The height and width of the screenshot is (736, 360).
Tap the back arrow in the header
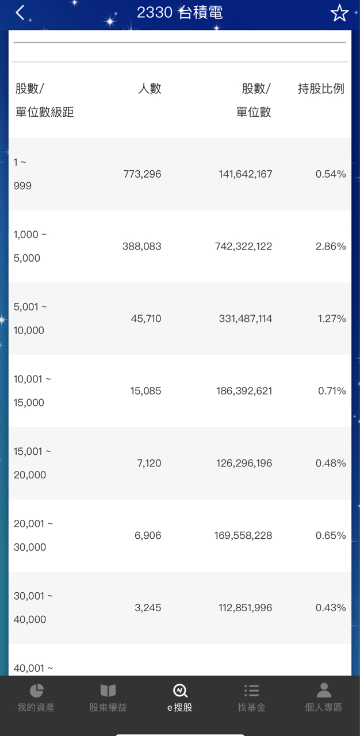point(20,13)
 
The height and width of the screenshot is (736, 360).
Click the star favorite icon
point(339,13)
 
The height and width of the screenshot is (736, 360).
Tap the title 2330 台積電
point(179,12)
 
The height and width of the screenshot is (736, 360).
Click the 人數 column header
point(150,89)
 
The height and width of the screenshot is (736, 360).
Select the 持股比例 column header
point(321,89)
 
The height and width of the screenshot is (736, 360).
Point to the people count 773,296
point(142,174)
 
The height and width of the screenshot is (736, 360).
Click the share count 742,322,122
point(245,247)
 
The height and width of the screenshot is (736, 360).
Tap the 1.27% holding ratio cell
point(332,319)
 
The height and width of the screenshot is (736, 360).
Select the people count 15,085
point(145,391)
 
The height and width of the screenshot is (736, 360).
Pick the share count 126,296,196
point(245,463)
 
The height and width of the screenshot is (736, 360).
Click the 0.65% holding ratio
point(331,535)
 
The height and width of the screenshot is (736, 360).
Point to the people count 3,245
point(148,608)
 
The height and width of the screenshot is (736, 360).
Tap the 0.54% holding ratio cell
point(331,174)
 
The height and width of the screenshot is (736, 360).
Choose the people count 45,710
point(146,319)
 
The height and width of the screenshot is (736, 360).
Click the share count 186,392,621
point(245,391)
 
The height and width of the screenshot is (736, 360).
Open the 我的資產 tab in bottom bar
point(36,697)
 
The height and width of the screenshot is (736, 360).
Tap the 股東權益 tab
point(108,697)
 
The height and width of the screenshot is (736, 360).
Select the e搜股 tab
point(180,697)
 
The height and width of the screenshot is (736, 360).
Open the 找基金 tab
point(251,697)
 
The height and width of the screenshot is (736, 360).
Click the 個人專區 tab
point(324,697)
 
